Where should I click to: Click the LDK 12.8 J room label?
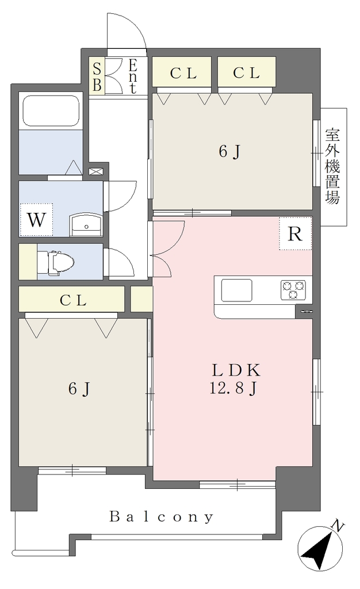(235, 380)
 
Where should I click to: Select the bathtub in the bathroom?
(51, 111)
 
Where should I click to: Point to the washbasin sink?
(86, 225)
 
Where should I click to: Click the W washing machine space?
(36, 220)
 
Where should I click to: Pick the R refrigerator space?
(295, 234)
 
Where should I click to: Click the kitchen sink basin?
(236, 290)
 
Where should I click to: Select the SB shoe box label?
(97, 77)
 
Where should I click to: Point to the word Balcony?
(162, 517)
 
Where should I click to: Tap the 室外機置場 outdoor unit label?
(332, 166)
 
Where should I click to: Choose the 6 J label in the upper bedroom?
(229, 152)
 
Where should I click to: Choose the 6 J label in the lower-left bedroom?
(79, 389)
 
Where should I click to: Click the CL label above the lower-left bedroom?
(73, 300)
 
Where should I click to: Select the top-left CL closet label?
(183, 73)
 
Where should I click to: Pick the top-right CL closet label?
(246, 73)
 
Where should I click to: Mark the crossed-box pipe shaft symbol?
(95, 171)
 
